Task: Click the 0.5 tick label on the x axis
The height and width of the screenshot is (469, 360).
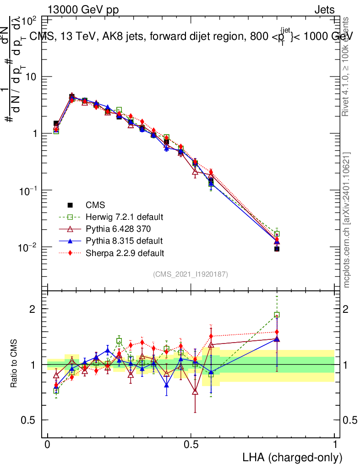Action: point(191,445)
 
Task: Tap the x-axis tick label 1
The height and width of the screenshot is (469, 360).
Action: point(335,445)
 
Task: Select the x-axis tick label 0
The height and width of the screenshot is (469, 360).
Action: point(48,445)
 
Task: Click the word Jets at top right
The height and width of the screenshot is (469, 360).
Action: point(324,10)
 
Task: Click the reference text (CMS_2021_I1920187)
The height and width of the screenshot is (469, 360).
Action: point(191,274)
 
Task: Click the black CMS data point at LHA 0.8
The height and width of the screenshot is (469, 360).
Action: point(277,249)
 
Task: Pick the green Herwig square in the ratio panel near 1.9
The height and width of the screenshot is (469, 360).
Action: point(277,315)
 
